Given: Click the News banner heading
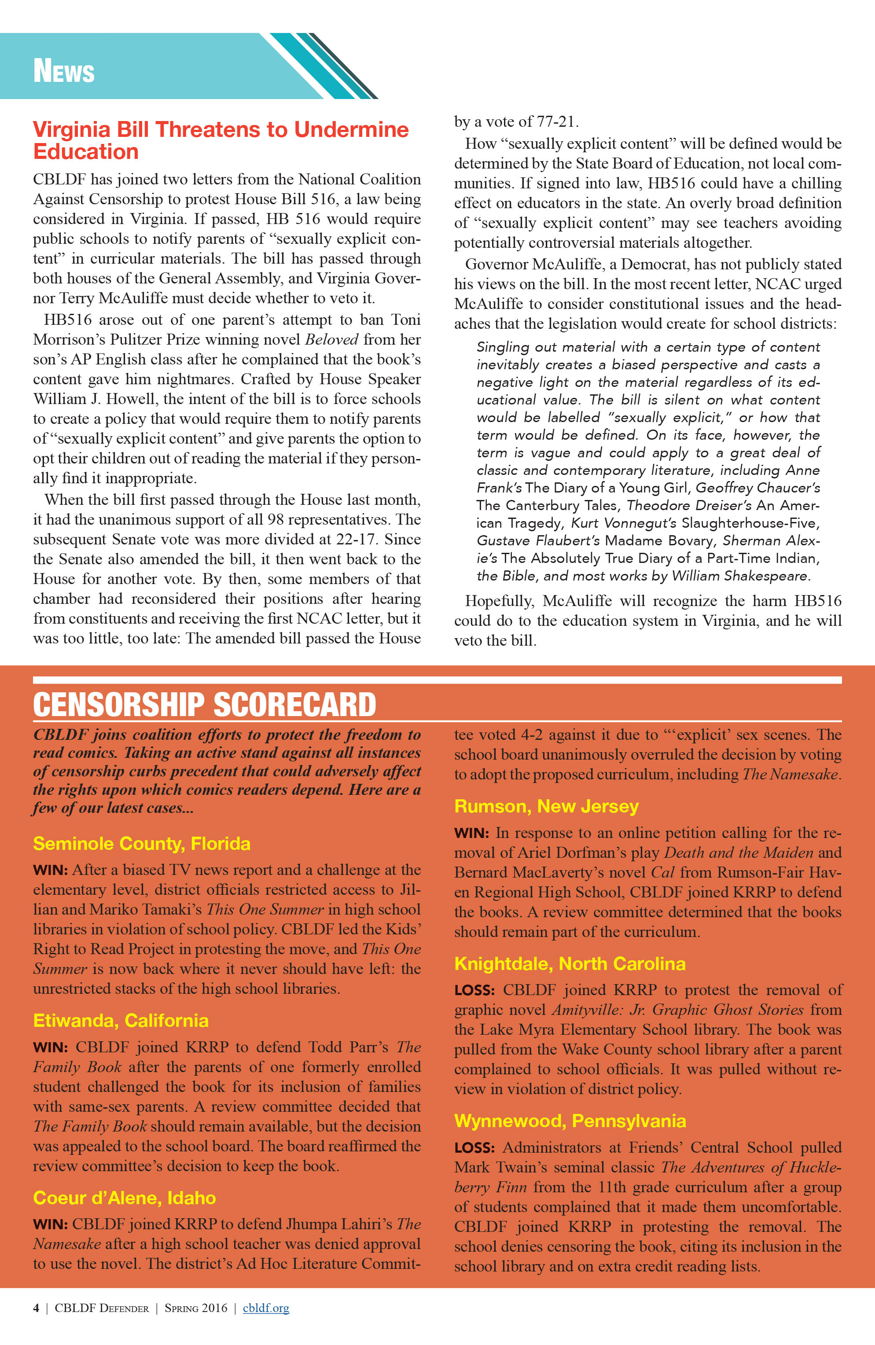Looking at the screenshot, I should (63, 72).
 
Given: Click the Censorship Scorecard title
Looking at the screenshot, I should (204, 705).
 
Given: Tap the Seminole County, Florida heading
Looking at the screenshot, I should (141, 844).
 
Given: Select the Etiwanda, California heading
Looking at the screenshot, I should (121, 1021).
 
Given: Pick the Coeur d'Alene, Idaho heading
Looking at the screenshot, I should (125, 1198).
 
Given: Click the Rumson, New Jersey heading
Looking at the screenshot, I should (546, 806).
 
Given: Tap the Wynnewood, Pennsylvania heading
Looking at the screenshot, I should (570, 1121).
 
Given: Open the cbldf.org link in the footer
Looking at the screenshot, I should (266, 1308).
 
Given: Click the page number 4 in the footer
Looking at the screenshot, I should (36, 1308).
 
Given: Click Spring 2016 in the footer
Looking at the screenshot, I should (195, 1308).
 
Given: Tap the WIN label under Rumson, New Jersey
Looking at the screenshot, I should (471, 834).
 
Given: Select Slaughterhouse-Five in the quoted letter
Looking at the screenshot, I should (750, 523).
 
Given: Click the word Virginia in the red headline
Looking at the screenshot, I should (71, 130).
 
